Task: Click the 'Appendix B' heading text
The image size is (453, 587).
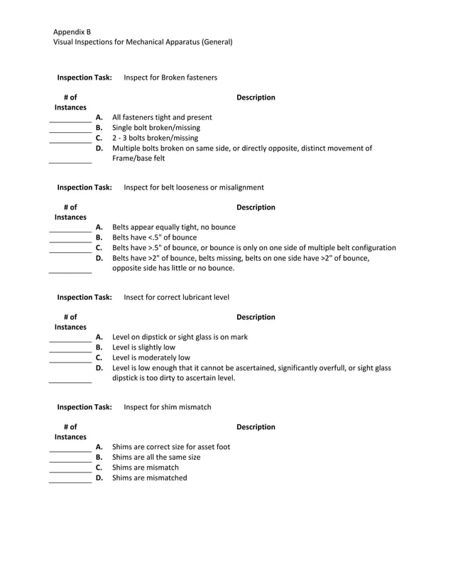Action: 72,32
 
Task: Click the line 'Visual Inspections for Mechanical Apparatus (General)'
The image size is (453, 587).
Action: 143,42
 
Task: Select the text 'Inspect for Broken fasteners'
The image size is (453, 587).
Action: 170,77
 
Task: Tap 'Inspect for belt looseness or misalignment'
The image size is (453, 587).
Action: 194,187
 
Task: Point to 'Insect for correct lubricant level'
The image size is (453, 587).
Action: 176,297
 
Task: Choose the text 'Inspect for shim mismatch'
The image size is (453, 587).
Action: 167,407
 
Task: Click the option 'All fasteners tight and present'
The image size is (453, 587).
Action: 162,117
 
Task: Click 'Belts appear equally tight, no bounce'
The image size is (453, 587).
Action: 174,227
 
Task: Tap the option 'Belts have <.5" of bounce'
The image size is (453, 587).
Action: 155,237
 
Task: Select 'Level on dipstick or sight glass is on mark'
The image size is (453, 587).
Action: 180,337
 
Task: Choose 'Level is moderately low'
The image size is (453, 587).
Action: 151,357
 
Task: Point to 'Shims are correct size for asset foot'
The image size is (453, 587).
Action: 171,446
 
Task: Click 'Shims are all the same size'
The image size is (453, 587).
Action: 156,457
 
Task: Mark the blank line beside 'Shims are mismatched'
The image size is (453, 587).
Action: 70,482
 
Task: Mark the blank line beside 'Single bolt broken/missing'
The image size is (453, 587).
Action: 70,132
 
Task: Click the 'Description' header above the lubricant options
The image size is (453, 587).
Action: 256,317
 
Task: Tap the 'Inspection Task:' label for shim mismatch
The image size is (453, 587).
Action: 84,407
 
